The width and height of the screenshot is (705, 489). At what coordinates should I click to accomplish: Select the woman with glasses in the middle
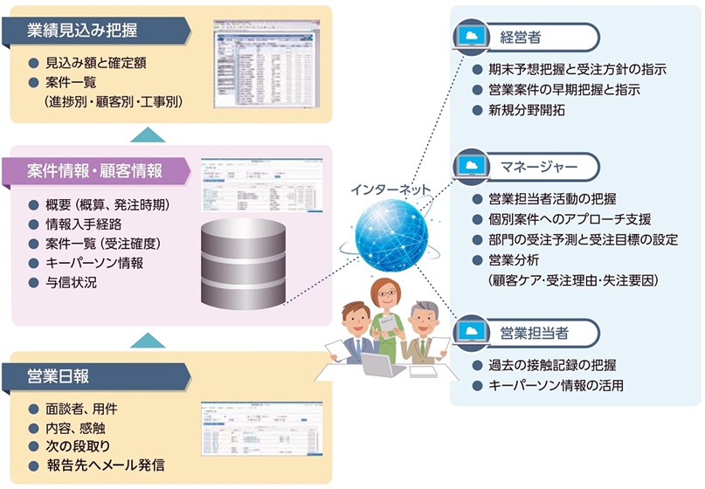385,314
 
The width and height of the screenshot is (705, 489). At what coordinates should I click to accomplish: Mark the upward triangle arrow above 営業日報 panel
154,339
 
